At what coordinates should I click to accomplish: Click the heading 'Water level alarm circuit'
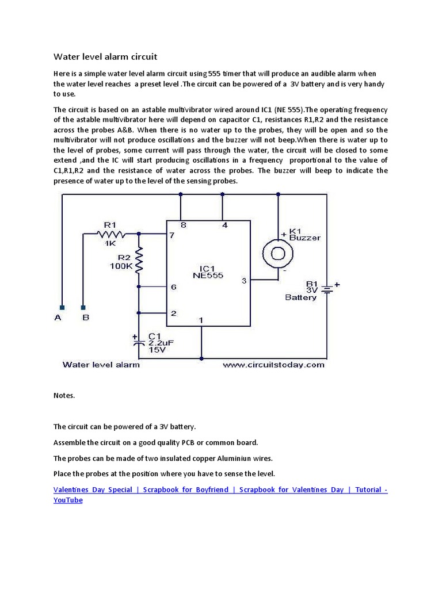[x=105, y=56]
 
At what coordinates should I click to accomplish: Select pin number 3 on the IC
[x=244, y=281]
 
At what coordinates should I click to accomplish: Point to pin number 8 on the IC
[x=184, y=225]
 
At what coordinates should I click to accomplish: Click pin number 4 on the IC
[x=224, y=225]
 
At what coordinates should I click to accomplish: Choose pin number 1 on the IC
[x=201, y=320]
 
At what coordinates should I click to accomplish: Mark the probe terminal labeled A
[x=62, y=308]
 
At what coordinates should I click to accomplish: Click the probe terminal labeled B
[x=83, y=308]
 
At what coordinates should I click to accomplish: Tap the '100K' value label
[x=121, y=267]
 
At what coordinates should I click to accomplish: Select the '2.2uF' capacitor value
[x=161, y=343]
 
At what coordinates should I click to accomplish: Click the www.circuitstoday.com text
[x=273, y=365]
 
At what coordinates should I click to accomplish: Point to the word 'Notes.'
[x=64, y=396]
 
